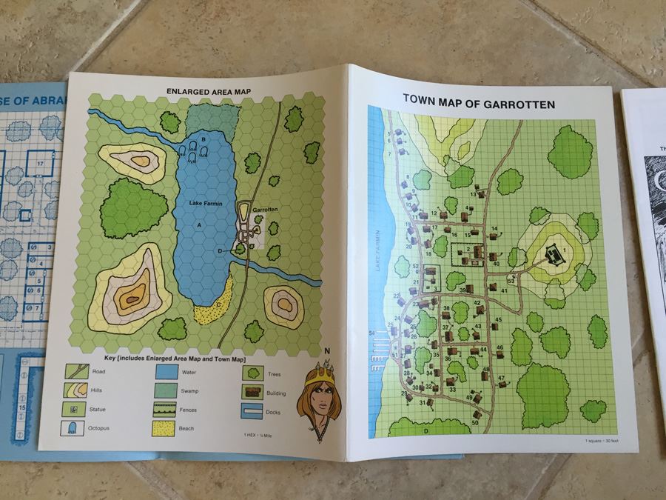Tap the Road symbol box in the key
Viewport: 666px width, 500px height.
[75, 371]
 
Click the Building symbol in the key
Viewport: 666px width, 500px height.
[254, 392]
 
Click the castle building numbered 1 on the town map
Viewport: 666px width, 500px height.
[551, 256]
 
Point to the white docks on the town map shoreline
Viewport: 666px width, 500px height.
[378, 344]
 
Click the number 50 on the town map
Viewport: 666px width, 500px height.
[474, 422]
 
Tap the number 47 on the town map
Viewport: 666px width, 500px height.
[501, 379]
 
